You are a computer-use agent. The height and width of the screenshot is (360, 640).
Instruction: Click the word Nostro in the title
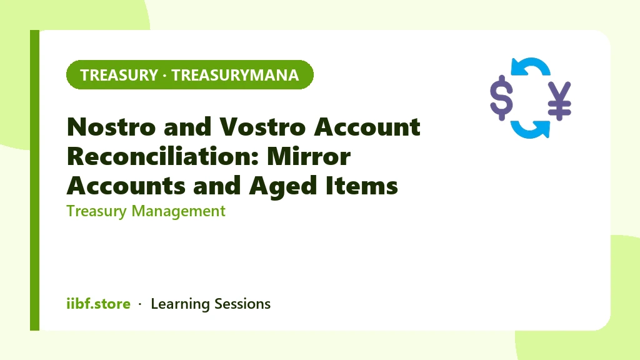(x=111, y=127)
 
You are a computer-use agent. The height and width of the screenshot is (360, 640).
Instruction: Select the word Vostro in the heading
(x=262, y=127)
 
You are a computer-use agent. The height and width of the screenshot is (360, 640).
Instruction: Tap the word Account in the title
(x=367, y=127)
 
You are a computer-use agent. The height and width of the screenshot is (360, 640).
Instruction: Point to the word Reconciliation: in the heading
(x=163, y=156)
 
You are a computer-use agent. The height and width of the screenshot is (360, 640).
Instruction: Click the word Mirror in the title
(x=309, y=156)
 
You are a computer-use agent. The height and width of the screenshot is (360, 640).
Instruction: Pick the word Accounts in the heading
(x=126, y=186)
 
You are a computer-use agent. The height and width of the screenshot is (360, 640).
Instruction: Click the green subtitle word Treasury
(x=97, y=211)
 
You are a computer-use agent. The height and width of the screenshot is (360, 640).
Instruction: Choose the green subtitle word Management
(x=178, y=211)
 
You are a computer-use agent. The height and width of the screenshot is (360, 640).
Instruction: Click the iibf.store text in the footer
(x=98, y=304)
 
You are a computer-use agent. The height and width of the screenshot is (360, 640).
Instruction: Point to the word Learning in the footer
(x=180, y=304)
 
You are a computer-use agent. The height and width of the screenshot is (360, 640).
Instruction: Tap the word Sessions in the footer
(x=242, y=304)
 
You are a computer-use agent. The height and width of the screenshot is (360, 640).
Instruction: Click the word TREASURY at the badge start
(x=119, y=75)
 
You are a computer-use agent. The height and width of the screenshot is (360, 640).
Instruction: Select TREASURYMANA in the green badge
(x=235, y=75)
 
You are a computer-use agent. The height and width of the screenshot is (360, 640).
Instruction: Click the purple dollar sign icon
(x=502, y=98)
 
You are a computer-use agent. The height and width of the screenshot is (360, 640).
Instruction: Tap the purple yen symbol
(x=559, y=101)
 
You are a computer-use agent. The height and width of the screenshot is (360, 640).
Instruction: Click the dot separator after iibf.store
(x=140, y=304)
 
